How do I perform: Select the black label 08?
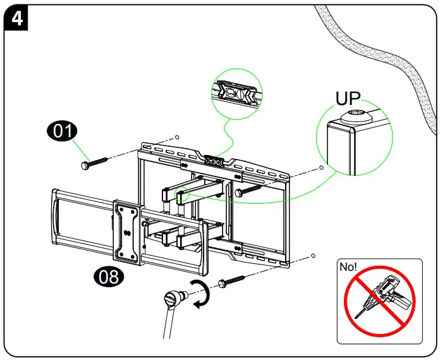pyautogui.click(x=107, y=276)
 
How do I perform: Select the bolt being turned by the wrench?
pyautogui.click(x=233, y=282)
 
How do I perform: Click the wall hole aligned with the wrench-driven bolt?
pyautogui.click(x=313, y=257)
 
